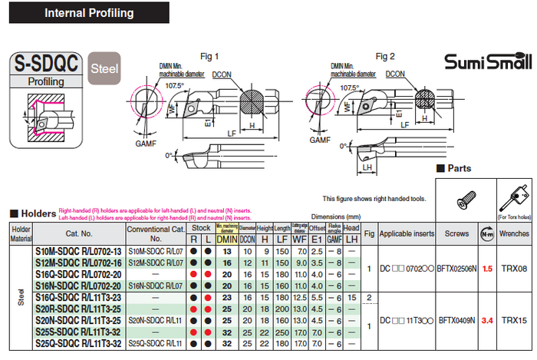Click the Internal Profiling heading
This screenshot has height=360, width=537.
tap(88, 13)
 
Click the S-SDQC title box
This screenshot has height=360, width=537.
tap(45, 65)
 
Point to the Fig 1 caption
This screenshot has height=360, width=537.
tap(209, 57)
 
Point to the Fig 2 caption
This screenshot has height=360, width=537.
tap(385, 57)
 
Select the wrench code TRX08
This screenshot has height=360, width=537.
tap(514, 269)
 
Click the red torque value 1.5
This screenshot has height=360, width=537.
tap(486, 269)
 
